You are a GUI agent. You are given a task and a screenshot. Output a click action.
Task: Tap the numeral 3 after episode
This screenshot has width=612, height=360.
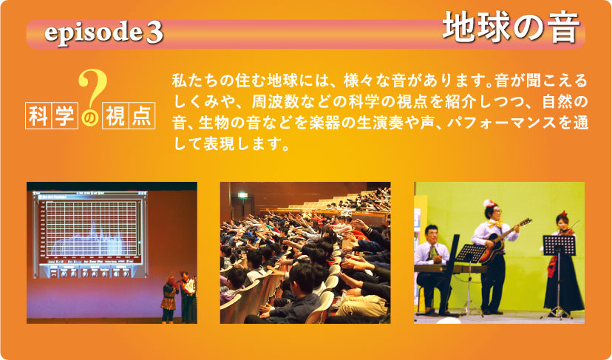[154, 33]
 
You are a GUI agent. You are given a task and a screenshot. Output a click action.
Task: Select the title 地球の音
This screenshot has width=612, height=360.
[511, 27]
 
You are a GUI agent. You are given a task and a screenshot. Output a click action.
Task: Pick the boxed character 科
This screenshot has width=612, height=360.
[38, 115]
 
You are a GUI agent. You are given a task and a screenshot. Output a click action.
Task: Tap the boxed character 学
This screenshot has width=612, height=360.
[64, 115]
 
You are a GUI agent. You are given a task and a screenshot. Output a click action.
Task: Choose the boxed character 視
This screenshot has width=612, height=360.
[115, 115]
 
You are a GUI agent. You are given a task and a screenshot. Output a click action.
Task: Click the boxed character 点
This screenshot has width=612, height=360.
[142, 115]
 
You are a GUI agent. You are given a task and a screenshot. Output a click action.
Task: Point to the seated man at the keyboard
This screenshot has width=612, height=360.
[432, 269]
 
